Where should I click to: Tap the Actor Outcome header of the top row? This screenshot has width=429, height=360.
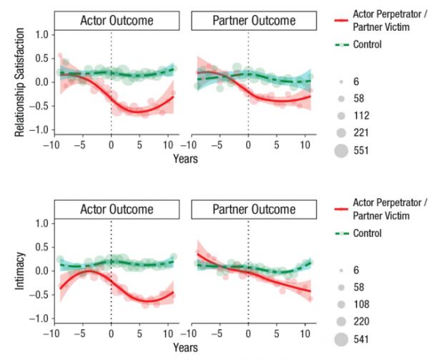118,20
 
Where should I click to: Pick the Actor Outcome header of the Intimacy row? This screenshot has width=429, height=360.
118,210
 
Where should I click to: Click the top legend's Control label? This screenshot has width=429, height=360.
367,44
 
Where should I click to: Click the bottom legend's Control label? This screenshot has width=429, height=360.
367,233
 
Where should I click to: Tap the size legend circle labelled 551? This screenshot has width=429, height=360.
340,150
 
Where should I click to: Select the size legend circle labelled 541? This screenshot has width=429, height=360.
340,339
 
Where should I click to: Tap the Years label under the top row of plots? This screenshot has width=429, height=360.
184,158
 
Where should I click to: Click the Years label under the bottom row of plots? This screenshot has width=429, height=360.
184,348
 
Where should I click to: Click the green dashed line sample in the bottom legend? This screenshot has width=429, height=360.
340,233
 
